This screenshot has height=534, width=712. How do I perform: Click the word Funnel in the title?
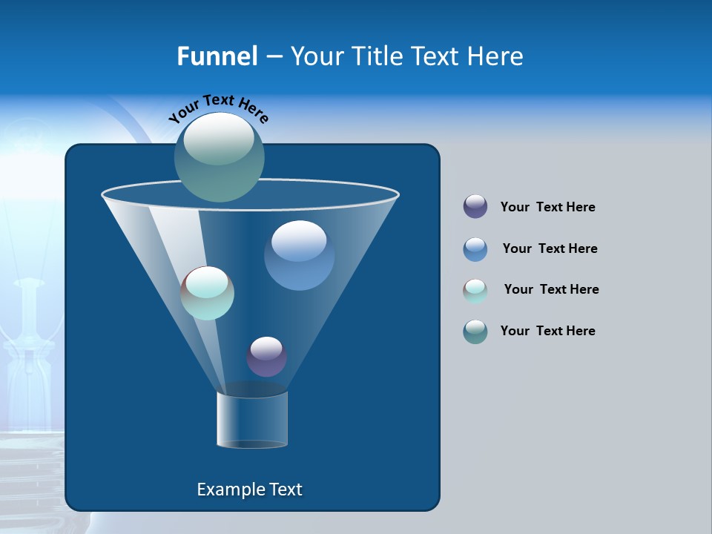217,56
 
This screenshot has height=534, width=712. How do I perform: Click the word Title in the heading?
378,56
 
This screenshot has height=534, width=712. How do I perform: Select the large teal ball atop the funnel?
219,157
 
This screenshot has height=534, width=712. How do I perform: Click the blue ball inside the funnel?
299,255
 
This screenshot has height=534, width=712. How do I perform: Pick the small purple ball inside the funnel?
266,357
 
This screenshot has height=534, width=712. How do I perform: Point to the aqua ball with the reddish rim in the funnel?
208,293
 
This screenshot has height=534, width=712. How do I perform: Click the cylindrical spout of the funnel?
252,419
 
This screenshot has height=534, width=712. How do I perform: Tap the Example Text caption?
250,489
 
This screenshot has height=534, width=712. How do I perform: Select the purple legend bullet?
475,207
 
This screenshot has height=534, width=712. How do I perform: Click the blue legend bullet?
475,249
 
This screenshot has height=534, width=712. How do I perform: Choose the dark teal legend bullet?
475,332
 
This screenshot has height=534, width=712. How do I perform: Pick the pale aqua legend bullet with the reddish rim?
475,291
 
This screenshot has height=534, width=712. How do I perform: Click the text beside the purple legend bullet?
547,207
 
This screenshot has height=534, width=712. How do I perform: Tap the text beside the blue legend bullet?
550,248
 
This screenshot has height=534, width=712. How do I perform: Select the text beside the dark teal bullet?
547,331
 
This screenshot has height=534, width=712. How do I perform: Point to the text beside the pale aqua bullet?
551,289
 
